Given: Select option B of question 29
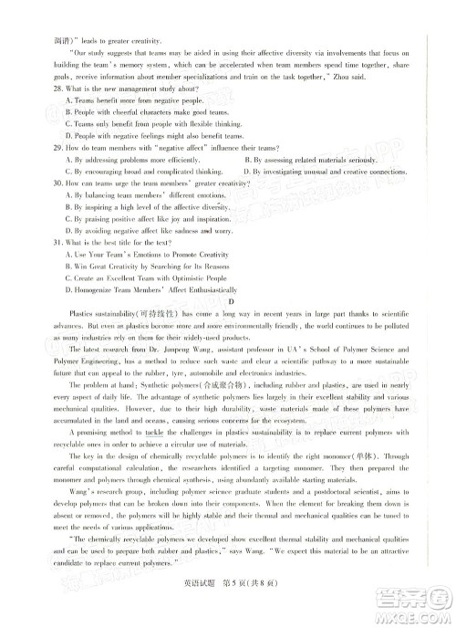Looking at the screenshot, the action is (x=249, y=159).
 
